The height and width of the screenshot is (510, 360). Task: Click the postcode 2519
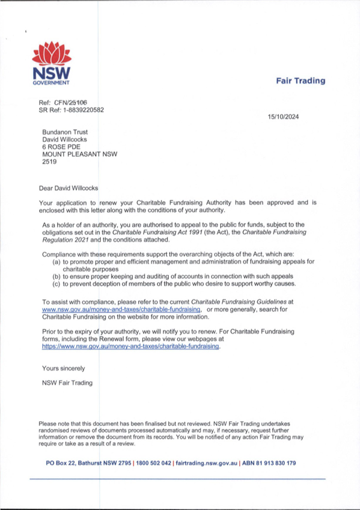[x=50, y=162]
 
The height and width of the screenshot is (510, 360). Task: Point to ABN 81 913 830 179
[x=269, y=464]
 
